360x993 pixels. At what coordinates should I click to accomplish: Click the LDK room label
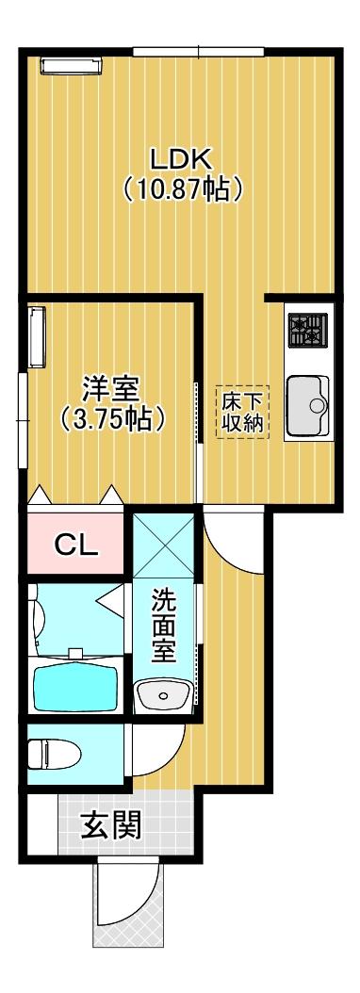183,157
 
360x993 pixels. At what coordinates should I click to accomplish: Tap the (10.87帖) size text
184,188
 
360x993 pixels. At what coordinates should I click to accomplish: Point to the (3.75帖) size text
111,417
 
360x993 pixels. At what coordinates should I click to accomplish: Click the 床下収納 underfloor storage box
244,413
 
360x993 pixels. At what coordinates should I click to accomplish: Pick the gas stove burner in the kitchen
308,330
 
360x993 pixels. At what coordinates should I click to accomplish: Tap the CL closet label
75,545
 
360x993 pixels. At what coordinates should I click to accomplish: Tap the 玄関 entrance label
110,825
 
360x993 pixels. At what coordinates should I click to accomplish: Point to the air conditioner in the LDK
71,64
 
